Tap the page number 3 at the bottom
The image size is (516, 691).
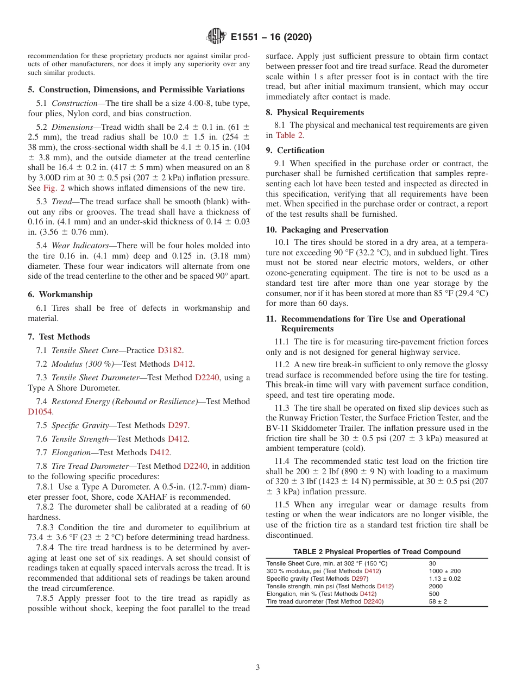point(257,667)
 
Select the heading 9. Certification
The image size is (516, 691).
point(295,150)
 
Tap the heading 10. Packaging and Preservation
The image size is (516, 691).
point(327,229)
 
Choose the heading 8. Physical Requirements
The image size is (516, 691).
point(315,112)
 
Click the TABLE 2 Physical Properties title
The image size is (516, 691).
point(377,551)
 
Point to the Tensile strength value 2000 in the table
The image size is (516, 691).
point(436,587)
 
